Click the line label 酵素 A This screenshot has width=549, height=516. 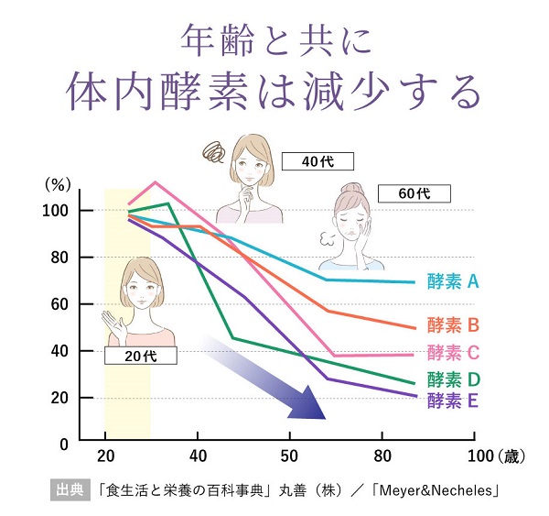452,281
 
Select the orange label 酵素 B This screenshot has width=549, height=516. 452,324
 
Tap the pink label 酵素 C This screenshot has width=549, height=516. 452,352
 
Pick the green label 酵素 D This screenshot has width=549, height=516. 452,379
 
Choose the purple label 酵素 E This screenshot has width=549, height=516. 452,400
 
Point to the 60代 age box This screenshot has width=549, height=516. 414,193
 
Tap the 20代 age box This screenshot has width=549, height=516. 139,356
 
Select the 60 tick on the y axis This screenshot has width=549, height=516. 59,304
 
